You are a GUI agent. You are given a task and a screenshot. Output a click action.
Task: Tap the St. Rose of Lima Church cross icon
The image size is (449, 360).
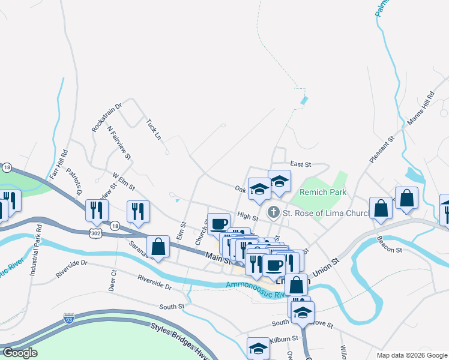(x=274, y=211)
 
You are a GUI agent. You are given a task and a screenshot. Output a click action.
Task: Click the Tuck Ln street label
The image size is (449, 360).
(x=154, y=128)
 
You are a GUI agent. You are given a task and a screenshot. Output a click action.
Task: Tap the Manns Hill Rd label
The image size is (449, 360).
(x=420, y=108)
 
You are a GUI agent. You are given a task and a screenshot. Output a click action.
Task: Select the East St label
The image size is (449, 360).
(x=301, y=163)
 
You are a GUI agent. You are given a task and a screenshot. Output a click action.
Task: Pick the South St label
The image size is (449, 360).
(x=172, y=307)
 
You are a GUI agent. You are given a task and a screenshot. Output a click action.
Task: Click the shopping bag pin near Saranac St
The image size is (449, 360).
(x=158, y=247)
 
